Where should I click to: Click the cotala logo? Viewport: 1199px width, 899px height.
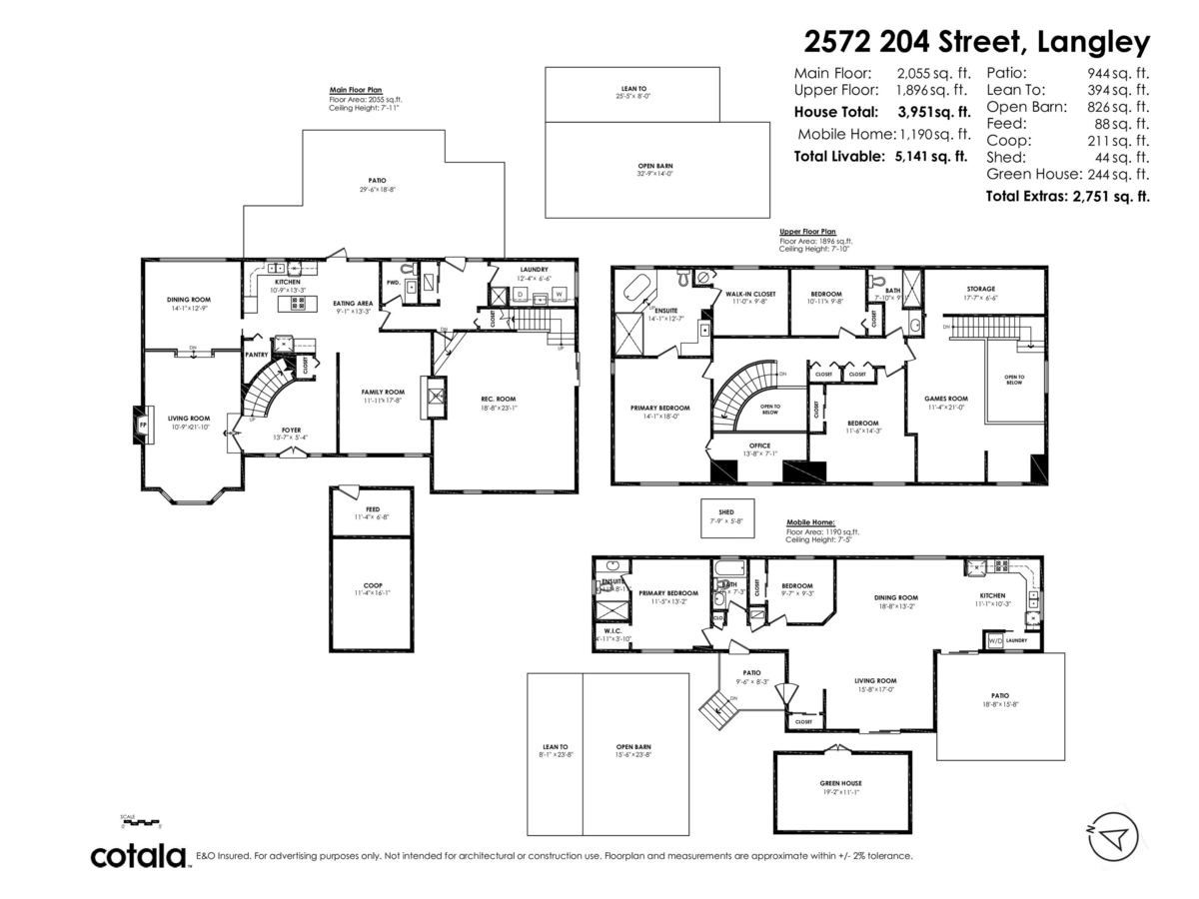[x=139, y=856]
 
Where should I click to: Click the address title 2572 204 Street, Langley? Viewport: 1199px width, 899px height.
[x=977, y=42]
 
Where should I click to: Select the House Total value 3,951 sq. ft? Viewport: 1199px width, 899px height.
[x=933, y=112]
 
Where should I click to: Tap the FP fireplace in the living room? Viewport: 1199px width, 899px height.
[x=143, y=426]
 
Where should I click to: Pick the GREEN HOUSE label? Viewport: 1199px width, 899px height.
[x=841, y=783]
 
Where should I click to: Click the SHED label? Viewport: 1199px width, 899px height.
[x=725, y=512]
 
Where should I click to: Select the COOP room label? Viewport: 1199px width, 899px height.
[x=372, y=585]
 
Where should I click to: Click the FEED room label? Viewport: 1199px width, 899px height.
[x=372, y=508]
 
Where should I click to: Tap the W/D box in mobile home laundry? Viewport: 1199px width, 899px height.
[x=995, y=640]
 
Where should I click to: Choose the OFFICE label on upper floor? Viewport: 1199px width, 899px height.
[x=760, y=446]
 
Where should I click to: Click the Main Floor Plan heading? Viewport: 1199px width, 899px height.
[x=356, y=90]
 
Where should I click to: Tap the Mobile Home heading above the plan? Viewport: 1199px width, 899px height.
[x=810, y=522]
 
